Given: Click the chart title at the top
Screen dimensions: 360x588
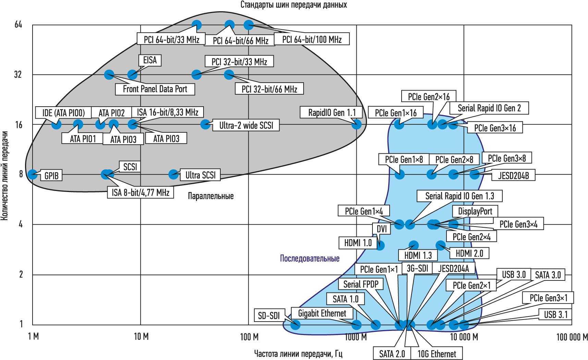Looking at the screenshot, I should (x=294, y=5).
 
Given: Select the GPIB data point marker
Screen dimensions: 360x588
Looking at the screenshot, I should (x=33, y=175).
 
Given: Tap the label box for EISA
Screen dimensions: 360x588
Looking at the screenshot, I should (x=150, y=60).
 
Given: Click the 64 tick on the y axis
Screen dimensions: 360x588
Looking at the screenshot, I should (x=18, y=25).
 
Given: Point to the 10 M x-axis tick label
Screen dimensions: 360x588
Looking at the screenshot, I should (x=141, y=337).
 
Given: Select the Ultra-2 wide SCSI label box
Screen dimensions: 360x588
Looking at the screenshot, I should (x=246, y=125).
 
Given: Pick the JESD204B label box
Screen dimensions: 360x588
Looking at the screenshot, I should (x=513, y=176).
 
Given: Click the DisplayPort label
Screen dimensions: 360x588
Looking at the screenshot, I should (x=475, y=211).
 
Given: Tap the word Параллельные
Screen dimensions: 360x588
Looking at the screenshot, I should (x=211, y=196).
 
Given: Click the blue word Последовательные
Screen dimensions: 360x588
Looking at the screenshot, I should (x=310, y=258).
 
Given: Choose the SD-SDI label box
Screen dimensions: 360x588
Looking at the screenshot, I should (x=269, y=315).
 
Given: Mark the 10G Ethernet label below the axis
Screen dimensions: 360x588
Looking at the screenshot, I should (x=437, y=354).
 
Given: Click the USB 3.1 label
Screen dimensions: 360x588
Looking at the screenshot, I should (x=555, y=314).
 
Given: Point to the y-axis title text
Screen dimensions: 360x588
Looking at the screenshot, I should (x=4, y=175).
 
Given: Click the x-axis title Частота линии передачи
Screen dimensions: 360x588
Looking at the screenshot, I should (x=298, y=354).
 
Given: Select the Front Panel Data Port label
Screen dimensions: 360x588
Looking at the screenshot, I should (x=155, y=89).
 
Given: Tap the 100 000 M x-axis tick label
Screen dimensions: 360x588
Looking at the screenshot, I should (x=572, y=337).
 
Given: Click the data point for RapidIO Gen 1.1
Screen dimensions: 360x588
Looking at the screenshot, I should (x=356, y=124).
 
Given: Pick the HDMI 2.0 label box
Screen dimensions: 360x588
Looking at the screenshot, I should (x=469, y=253).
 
